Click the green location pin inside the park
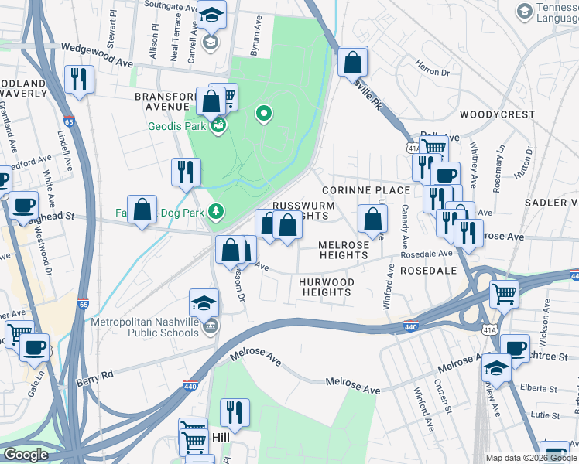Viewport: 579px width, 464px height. point(264,115)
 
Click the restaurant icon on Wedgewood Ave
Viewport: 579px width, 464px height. point(79,80)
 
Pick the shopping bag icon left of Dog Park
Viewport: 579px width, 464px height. point(142,210)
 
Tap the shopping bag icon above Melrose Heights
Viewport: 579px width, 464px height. point(372,219)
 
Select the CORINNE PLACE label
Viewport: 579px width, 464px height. point(365,190)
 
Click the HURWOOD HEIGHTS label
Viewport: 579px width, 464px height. point(325,287)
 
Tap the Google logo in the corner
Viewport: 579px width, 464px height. point(26,455)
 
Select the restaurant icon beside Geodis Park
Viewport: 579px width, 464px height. point(186,172)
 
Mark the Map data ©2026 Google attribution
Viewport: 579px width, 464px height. point(531,458)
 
